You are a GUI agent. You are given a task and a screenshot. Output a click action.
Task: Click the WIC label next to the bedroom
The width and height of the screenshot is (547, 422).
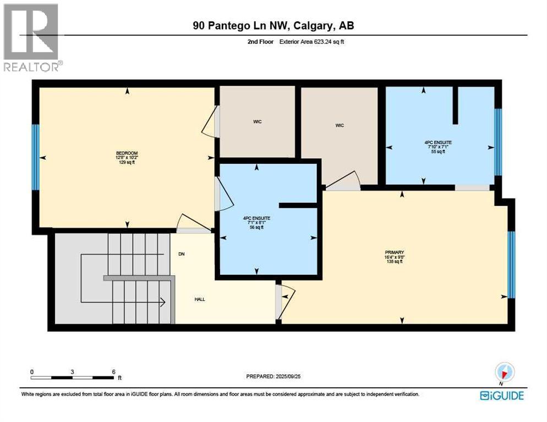tap(257, 121)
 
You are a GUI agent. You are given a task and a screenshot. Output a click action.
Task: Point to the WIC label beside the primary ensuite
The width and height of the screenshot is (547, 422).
tap(340, 126)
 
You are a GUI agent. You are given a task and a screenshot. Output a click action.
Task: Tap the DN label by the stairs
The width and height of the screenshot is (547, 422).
tap(181, 254)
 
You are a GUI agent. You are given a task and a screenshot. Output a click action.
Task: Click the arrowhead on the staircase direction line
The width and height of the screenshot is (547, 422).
tap(163, 302)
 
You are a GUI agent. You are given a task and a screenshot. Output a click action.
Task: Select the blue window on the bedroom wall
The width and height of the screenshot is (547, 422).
tap(36, 157)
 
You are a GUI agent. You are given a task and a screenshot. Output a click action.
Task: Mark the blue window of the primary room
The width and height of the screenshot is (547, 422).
tap(511, 264)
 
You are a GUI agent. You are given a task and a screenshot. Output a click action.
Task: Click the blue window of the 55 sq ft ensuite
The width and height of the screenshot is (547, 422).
tap(498, 142)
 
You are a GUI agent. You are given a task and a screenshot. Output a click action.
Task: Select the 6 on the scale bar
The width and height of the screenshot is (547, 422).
tap(113, 371)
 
